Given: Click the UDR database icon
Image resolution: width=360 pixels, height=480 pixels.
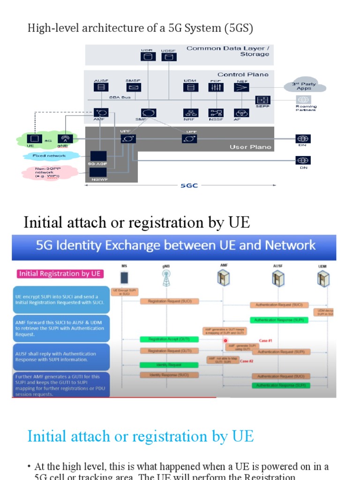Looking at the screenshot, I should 147,57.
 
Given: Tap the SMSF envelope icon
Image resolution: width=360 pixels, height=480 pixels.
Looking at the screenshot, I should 133,87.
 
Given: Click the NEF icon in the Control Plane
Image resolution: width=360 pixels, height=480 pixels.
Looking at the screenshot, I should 242,87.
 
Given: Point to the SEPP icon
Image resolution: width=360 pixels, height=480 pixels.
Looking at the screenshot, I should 262,100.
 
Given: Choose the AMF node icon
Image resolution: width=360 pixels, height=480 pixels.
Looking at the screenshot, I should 101,112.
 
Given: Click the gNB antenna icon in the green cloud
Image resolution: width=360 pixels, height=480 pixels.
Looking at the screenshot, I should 64,139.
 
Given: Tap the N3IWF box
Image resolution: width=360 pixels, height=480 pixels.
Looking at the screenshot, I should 98,175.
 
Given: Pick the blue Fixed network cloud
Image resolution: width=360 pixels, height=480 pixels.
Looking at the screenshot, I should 49,156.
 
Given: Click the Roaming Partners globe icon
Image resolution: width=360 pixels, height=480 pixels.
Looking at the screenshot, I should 304,99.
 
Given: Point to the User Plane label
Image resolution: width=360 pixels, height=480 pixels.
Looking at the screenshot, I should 250,147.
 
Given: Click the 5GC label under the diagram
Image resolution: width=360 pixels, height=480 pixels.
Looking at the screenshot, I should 189,186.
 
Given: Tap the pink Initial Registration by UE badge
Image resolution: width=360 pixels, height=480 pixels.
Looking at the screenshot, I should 60,274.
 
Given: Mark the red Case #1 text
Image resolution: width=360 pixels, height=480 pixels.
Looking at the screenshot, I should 266,341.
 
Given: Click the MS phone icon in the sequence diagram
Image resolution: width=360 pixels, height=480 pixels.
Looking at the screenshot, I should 124,278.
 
